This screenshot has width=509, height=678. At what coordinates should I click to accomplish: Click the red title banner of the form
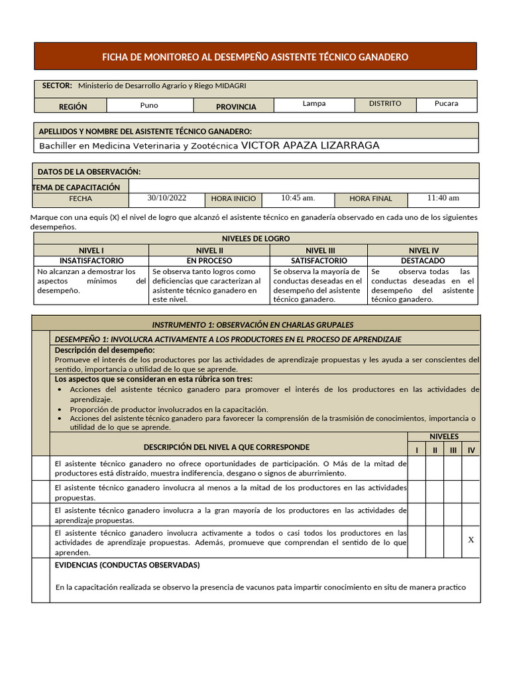pyautogui.click(x=255, y=57)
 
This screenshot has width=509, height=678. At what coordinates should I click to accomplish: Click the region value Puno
pyautogui.click(x=149, y=105)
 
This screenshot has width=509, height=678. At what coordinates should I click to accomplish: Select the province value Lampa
pyautogui.click(x=314, y=104)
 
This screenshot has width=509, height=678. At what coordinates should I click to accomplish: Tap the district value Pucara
pyautogui.click(x=446, y=104)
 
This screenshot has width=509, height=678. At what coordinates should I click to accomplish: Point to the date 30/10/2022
pyautogui.click(x=167, y=197)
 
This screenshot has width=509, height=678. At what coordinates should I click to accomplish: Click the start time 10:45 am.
pyautogui.click(x=298, y=197)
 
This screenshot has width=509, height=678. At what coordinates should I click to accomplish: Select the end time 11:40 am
pyautogui.click(x=443, y=197)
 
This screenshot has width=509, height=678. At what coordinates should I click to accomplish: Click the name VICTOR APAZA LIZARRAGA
pyautogui.click(x=310, y=146)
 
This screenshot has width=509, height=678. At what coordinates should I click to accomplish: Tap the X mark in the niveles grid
pyautogui.click(x=471, y=540)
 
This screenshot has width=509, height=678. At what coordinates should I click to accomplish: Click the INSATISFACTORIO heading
pyautogui.click(x=91, y=261)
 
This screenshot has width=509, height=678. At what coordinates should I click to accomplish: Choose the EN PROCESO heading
pyautogui.click(x=209, y=261)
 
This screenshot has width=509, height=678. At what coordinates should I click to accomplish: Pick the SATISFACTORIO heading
pyautogui.click(x=319, y=261)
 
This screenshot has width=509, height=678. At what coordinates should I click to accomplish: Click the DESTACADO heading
pyautogui.click(x=423, y=261)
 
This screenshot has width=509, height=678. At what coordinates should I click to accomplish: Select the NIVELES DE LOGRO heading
pyautogui.click(x=255, y=238)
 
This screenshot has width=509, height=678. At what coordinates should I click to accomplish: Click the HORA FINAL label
pyautogui.click(x=370, y=199)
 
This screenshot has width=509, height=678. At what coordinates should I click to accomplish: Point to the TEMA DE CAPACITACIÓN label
pyautogui.click(x=76, y=187)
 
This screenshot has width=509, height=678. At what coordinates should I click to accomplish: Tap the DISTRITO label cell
pyautogui.click(x=385, y=104)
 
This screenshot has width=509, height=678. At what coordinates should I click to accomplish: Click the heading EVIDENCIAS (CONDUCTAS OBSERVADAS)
pyautogui.click(x=127, y=565)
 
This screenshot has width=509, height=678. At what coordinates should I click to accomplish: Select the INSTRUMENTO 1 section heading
pyautogui.click(x=253, y=324)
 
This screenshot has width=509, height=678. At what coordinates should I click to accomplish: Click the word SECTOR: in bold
pyautogui.click(x=57, y=85)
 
